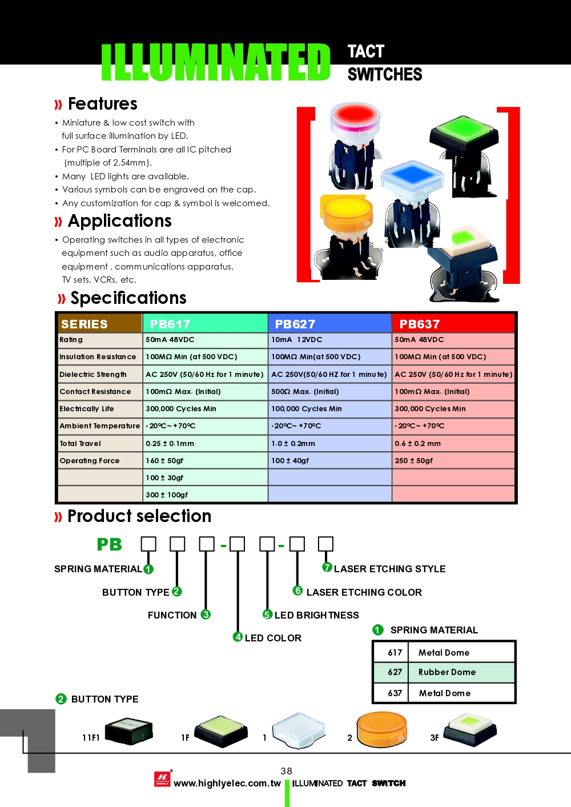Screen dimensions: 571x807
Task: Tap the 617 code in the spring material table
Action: [395, 652]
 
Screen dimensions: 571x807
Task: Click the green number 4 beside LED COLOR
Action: [238, 637]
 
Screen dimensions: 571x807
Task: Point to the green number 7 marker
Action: [327, 567]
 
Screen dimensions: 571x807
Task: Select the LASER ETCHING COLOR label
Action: [364, 592]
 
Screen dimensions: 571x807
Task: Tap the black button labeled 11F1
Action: [128, 731]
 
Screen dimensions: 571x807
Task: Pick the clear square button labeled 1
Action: [299, 730]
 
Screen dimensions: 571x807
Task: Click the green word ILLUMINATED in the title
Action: [215, 62]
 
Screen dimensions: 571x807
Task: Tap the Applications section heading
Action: [119, 221]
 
